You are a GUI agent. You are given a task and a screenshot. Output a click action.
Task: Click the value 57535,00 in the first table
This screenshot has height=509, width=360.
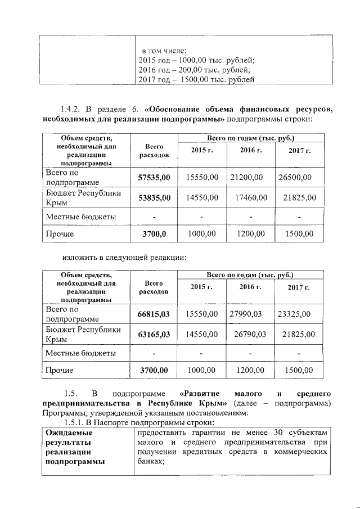click(154, 178)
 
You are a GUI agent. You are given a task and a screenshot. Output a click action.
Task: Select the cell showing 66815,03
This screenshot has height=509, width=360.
click(154, 314)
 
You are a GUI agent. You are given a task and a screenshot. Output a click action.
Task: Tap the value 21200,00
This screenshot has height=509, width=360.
click(246, 178)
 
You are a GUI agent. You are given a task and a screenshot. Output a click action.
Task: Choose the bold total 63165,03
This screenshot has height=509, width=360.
click(154, 334)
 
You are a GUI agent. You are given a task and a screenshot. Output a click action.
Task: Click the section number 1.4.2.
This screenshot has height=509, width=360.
click(71, 109)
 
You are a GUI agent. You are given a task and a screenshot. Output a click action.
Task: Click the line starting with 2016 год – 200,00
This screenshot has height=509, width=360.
click(194, 70)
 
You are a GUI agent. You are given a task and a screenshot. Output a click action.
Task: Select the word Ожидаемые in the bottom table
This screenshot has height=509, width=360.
click(69, 433)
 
